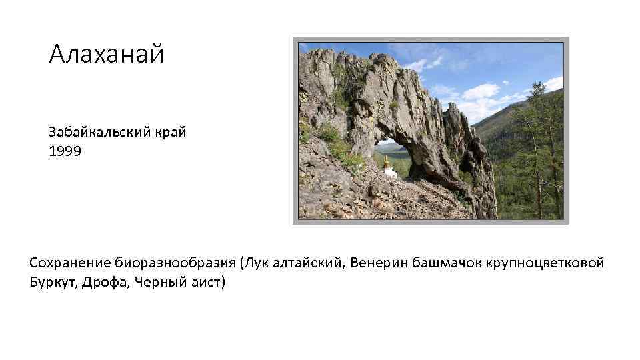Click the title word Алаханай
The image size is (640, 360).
click(x=106, y=55)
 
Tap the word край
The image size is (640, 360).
click(x=171, y=132)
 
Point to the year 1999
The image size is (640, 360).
click(x=65, y=151)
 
